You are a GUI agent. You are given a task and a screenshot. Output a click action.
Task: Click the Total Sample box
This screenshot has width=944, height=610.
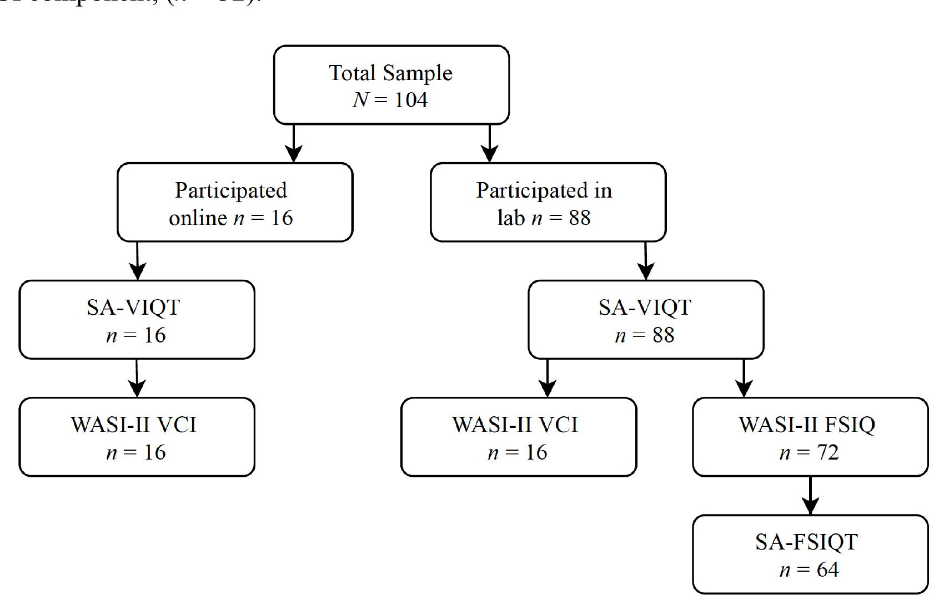tap(391, 84)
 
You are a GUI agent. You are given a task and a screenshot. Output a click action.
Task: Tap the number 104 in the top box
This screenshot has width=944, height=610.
tap(411, 100)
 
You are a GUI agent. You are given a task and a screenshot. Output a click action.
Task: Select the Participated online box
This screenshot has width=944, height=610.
tap(234, 202)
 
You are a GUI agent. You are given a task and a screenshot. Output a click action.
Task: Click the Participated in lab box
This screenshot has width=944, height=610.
tap(548, 202)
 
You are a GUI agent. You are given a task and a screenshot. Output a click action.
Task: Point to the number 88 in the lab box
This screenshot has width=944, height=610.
tap(579, 218)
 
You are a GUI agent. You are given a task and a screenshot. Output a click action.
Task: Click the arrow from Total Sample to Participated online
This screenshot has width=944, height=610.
tap(294, 143)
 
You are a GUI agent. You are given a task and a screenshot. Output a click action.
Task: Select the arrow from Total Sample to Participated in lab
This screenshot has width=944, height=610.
tap(489, 143)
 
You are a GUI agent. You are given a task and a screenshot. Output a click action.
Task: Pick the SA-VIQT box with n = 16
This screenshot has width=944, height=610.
tap(137, 320)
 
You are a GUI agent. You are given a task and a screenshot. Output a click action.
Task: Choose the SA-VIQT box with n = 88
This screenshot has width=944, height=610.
tap(645, 320)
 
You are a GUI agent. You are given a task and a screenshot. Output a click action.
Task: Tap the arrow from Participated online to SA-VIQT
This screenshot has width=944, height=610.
tap(137, 261)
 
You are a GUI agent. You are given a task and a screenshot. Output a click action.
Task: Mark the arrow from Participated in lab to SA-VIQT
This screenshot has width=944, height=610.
tap(645, 261)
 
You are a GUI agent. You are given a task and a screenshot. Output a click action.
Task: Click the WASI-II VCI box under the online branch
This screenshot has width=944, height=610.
tap(137, 437)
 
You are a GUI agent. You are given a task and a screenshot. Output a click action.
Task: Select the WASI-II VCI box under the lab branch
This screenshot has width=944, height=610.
tap(518, 437)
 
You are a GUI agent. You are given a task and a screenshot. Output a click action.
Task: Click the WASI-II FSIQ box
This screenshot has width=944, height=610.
tap(810, 437)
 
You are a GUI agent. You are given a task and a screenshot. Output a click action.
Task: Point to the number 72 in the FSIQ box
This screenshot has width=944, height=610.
tap(827, 453)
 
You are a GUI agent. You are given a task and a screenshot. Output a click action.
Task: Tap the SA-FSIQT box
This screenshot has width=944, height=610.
tap(810, 554)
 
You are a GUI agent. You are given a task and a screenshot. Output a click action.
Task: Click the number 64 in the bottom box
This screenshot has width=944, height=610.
tap(827, 570)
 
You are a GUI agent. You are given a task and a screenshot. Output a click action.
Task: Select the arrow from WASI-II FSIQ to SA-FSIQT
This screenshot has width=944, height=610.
tap(810, 496)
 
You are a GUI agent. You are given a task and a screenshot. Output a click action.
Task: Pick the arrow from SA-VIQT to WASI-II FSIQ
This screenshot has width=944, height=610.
tap(744, 378)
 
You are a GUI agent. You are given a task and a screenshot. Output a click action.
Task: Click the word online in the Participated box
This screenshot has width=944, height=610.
tap(198, 218)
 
